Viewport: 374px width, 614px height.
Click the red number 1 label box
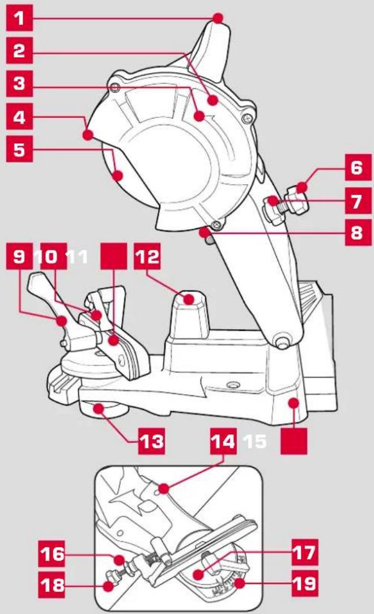click(x=19, y=18)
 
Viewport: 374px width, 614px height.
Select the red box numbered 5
click(x=19, y=149)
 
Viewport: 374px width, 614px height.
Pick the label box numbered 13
click(x=151, y=441)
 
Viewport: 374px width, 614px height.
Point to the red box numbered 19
click(x=305, y=583)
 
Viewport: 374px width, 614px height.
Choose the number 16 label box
click(x=52, y=554)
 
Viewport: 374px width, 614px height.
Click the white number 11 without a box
click(x=76, y=257)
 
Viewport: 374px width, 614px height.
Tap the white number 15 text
click(x=255, y=441)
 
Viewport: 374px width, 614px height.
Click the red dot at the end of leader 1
click(x=218, y=18)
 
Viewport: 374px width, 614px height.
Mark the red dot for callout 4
click(x=88, y=135)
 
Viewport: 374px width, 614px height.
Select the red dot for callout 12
click(x=189, y=300)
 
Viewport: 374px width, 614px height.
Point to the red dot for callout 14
click(x=164, y=488)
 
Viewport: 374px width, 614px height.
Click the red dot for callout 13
click(x=98, y=409)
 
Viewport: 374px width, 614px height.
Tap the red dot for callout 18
click(x=108, y=586)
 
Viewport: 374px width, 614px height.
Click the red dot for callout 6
click(x=301, y=187)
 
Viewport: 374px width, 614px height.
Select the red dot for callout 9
click(x=61, y=321)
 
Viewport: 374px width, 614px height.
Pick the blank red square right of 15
click(x=294, y=441)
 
